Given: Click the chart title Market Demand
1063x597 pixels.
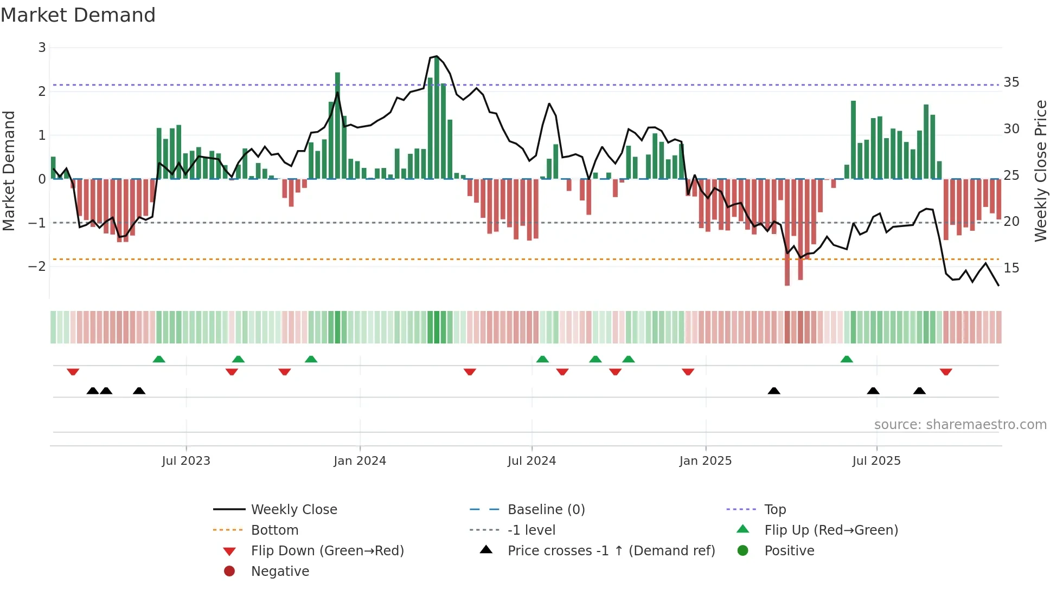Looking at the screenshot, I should coord(78,15).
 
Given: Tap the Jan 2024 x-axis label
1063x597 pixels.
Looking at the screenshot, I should coord(360,461).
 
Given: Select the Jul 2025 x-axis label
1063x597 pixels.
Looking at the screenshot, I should coord(876,461).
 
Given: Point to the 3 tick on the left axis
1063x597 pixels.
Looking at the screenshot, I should coord(42,48).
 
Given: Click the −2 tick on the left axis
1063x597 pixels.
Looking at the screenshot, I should coord(37,267).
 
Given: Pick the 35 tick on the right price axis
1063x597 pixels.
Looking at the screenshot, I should coord(1011,82).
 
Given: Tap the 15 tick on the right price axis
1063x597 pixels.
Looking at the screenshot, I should coord(1011,268).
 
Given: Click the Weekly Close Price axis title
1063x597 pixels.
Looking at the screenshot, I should coord(1040,171).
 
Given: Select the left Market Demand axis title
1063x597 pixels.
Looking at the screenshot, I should coord(9,171).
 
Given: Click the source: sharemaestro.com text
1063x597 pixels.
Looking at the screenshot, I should coord(960,425).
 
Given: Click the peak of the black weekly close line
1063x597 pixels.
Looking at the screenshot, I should coord(437,56).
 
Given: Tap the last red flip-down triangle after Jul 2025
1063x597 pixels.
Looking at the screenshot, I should coord(946,372).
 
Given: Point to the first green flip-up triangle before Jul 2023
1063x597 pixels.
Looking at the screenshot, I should coord(159,359).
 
